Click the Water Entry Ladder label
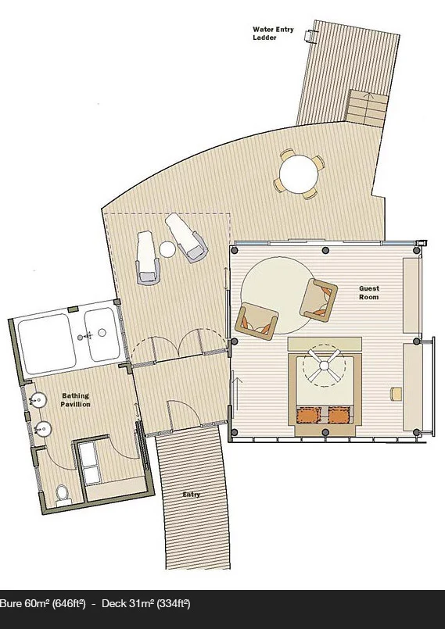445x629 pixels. tap(273, 34)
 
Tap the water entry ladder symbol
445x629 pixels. tap(310, 36)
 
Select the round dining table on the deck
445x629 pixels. tap(299, 174)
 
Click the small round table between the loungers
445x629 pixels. tap(167, 249)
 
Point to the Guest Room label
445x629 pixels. tap(368, 293)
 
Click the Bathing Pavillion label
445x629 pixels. tap(76, 400)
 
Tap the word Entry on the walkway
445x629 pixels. tap(191, 495)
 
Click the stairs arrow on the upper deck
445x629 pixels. tap(368, 96)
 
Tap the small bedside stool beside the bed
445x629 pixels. tap(396, 394)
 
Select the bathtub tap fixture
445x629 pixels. tap(88, 335)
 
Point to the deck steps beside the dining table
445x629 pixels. tap(366, 107)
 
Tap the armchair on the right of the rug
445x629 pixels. tap(318, 300)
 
